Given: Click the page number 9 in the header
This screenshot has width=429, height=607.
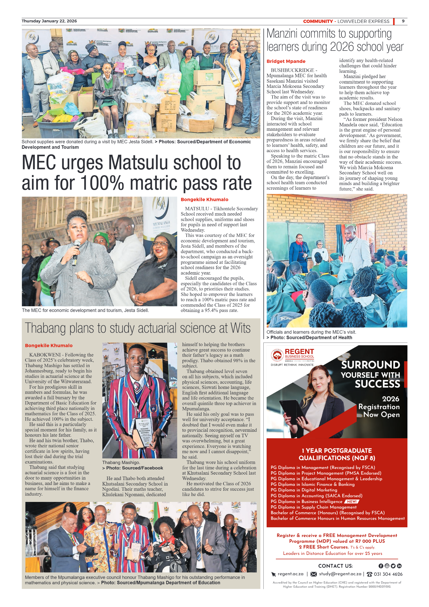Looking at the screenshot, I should click(403, 21).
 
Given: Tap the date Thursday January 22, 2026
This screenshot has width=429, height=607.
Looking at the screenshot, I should click(49, 21).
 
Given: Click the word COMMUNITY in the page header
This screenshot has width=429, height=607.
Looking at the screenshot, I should click(318, 21).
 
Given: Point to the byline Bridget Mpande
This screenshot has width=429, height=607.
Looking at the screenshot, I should click(286, 61).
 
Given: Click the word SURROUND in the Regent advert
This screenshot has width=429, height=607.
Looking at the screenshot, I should click(370, 365).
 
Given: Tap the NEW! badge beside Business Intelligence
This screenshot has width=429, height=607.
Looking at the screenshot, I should click(352, 501).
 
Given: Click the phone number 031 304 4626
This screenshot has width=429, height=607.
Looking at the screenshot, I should click(388, 574).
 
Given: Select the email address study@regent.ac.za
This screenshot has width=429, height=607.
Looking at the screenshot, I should click(340, 574).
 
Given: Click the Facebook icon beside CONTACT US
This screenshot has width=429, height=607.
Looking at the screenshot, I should click(381, 566).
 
